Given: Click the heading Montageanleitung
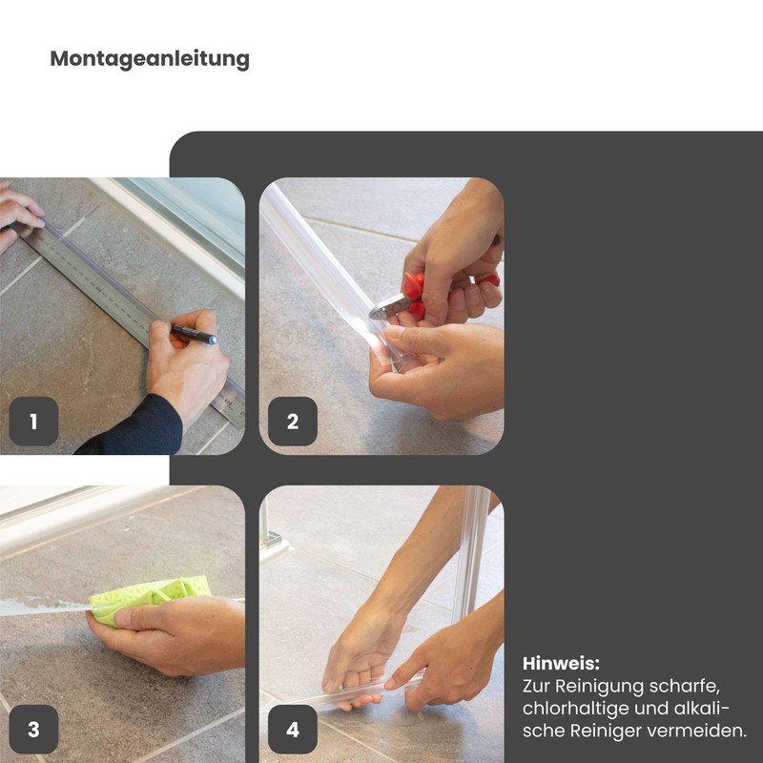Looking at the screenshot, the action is (150, 59).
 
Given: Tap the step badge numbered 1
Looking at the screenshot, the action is (33, 422).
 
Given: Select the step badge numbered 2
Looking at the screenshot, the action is (293, 422).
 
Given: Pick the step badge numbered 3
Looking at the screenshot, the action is (33, 730).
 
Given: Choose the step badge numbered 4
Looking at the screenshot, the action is (293, 730).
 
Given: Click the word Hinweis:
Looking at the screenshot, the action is (561, 663).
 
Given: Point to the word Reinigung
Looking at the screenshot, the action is (599, 687).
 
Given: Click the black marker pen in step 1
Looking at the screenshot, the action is (194, 334).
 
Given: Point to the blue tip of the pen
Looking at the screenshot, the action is (213, 340).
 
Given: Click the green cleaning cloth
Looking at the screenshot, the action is (150, 597).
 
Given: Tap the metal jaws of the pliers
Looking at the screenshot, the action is (389, 306).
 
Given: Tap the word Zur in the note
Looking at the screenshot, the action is (537, 687).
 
